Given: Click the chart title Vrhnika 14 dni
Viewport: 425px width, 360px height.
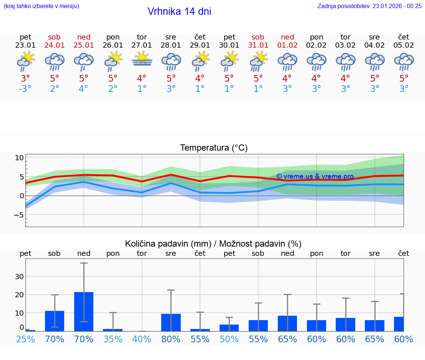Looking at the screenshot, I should [179, 11].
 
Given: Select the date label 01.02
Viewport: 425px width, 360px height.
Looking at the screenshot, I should [287, 45].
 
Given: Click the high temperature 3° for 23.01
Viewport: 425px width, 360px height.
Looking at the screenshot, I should [25, 79].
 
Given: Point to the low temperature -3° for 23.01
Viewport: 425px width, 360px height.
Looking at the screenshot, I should [25, 89].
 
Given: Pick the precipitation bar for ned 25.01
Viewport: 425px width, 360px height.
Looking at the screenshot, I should [84, 312].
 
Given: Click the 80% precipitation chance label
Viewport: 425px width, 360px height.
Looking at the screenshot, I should [171, 339].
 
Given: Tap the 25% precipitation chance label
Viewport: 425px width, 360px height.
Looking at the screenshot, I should [25, 339].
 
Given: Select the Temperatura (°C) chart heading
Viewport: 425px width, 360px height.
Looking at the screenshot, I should [214, 148].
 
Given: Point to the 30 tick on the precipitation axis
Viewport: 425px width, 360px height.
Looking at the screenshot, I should [19, 277].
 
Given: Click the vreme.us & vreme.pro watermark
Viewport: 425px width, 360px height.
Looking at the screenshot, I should [315, 176].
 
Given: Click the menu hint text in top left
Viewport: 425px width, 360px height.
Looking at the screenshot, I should [41, 6].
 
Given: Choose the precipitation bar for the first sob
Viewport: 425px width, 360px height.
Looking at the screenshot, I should [55, 321].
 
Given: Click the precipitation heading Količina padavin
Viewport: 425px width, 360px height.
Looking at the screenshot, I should [213, 244].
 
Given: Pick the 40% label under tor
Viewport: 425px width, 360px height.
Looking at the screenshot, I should [142, 339].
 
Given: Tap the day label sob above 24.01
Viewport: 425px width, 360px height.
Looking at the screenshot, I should [54, 37].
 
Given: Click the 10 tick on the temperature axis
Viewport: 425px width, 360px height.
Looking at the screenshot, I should [19, 158].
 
